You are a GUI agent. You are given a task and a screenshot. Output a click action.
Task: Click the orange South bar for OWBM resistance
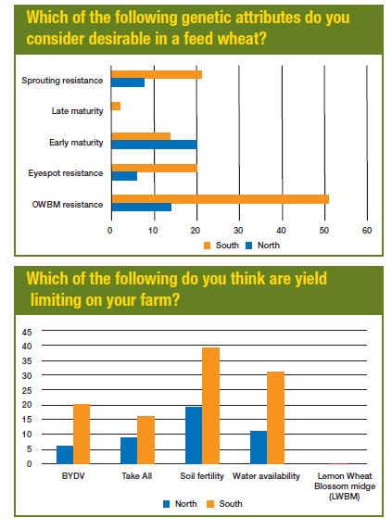tap(220, 199)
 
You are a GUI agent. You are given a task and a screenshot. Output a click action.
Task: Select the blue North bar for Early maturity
tap(154, 145)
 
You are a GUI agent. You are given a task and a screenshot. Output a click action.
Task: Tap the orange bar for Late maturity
tap(116, 107)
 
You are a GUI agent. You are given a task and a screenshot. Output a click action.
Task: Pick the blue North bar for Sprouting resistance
tap(128, 82)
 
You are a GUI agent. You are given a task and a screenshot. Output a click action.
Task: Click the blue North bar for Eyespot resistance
tap(124, 176)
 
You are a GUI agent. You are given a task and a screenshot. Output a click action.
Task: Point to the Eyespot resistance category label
tap(66, 173)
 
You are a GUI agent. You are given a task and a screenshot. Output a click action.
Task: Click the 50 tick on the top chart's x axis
tap(323, 231)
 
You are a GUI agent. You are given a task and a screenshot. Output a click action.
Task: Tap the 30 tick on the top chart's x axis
tap(238, 231)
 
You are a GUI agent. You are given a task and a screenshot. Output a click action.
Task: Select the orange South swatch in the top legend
tap(208, 246)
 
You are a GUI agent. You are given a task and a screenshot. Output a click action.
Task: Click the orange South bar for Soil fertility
tap(211, 406)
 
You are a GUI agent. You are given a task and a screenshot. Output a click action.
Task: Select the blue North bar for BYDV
tap(65, 455)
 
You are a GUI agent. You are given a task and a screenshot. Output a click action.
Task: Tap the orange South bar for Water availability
tap(276, 418)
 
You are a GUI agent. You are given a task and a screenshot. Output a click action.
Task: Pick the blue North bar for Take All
tap(129, 450)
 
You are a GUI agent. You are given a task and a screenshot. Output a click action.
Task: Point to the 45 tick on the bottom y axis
tap(27, 333)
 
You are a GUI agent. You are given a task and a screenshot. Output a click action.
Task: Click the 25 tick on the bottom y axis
tap(27, 390)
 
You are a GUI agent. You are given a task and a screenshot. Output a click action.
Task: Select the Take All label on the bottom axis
tap(137, 476)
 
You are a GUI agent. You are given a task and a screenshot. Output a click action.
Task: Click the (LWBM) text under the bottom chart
tap(345, 497)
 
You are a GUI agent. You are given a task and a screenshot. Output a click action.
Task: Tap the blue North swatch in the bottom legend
tap(166, 504)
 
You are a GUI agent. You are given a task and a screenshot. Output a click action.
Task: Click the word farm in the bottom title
tap(156, 300)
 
